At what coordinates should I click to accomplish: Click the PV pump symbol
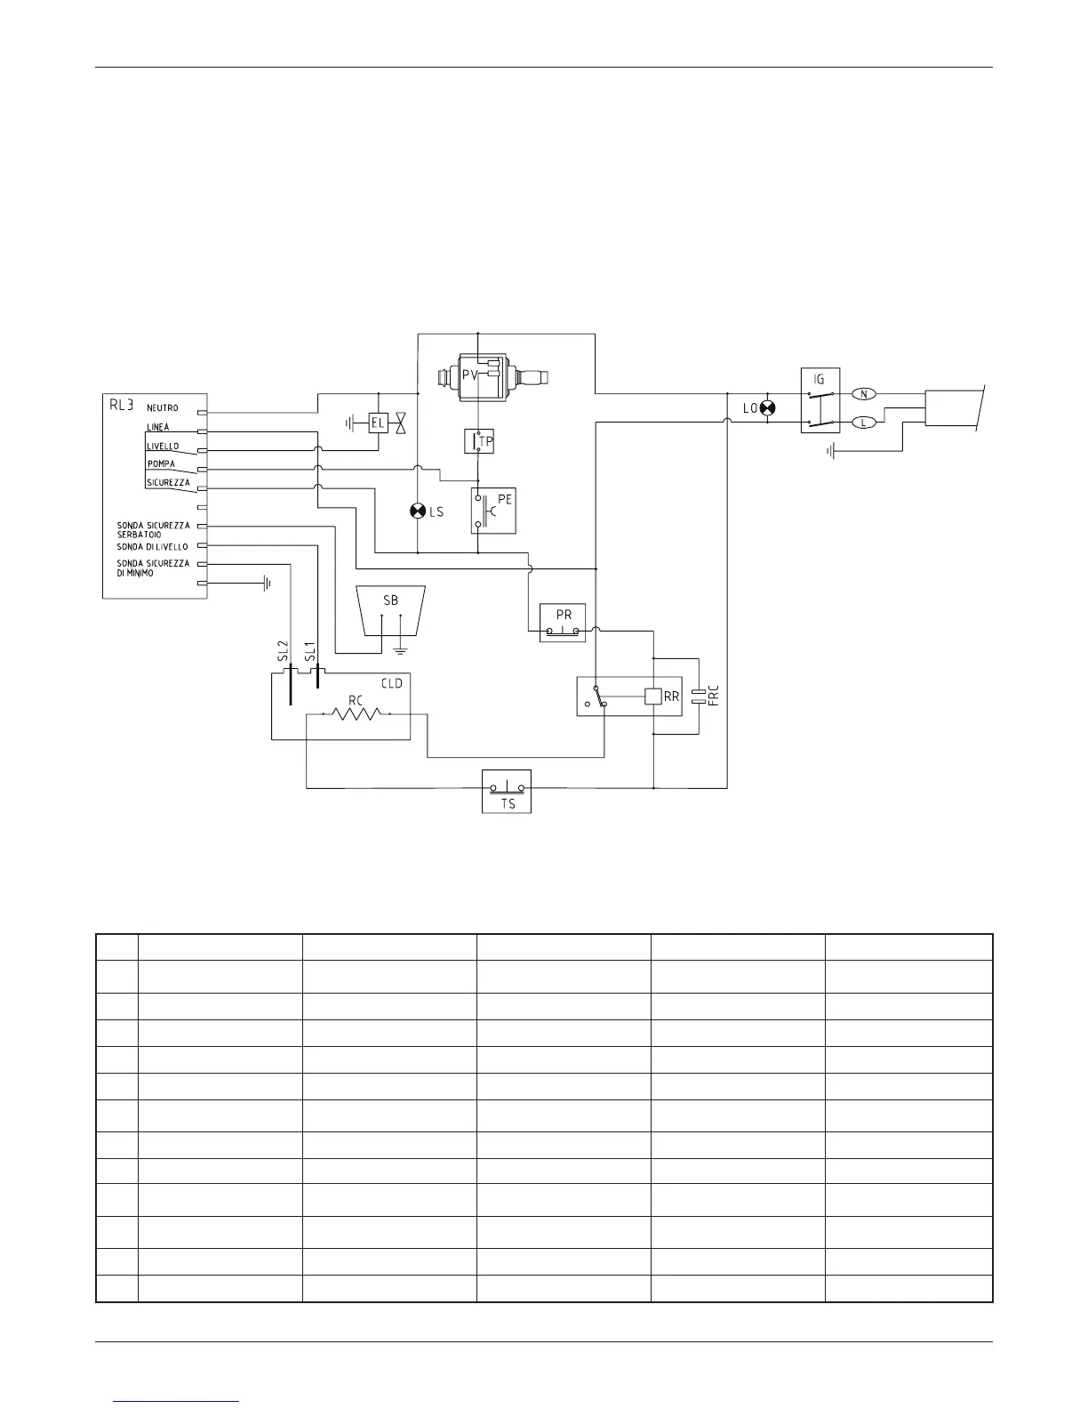(x=492, y=377)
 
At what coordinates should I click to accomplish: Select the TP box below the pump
(x=479, y=441)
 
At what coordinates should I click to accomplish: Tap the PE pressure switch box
(x=494, y=511)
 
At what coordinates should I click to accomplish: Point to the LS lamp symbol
(x=417, y=511)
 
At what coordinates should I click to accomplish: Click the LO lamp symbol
(x=768, y=408)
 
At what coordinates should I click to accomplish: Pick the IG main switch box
(x=820, y=400)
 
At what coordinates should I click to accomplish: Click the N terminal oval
(x=864, y=393)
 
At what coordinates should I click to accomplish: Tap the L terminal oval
(x=864, y=423)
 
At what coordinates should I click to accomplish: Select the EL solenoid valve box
(x=378, y=423)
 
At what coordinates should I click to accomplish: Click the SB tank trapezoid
(x=391, y=611)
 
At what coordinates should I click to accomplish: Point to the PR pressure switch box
(x=563, y=623)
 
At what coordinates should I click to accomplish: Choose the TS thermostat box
(x=507, y=791)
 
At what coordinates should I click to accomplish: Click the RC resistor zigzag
(x=356, y=714)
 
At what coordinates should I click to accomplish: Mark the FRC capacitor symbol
(x=699, y=696)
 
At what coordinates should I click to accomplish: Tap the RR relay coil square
(x=653, y=696)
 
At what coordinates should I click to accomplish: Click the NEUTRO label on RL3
(x=162, y=408)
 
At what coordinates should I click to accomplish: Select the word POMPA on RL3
(x=162, y=463)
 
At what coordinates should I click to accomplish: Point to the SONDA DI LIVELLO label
(x=152, y=547)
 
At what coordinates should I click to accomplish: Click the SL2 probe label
(x=284, y=651)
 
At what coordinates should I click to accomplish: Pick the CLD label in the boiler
(x=391, y=683)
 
